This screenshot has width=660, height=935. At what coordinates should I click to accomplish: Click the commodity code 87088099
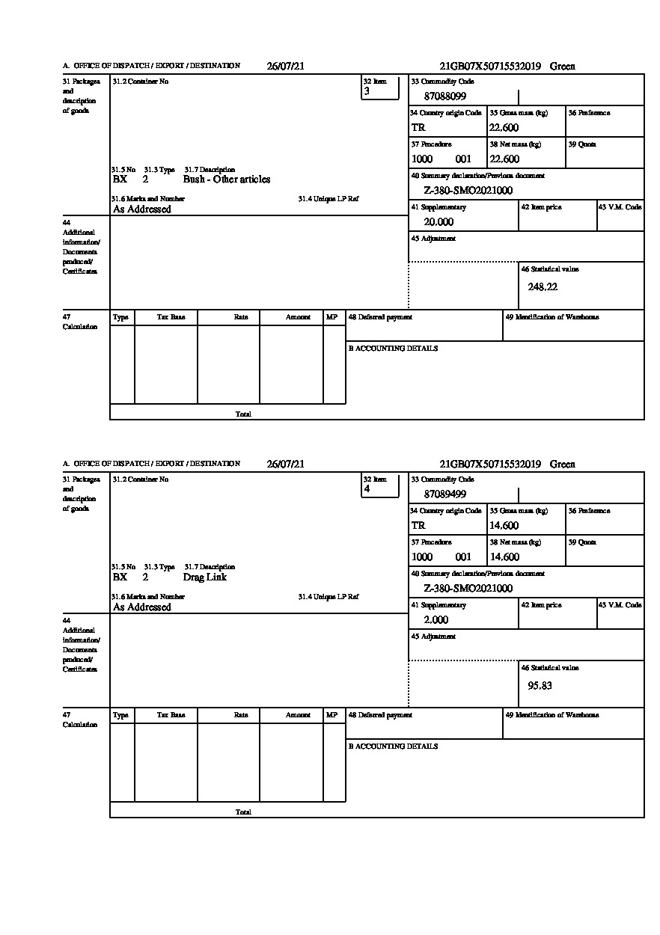click(x=445, y=96)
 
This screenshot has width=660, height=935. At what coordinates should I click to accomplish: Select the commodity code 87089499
click(x=445, y=494)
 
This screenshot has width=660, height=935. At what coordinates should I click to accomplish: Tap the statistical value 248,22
click(x=543, y=286)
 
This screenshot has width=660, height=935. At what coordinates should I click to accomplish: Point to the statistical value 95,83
click(x=540, y=685)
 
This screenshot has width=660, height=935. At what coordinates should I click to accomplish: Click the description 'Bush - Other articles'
click(x=227, y=180)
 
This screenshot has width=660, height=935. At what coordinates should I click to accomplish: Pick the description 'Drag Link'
click(x=204, y=577)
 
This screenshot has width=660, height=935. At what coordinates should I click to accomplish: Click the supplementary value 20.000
click(x=439, y=222)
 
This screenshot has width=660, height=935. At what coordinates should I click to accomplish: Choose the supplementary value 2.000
click(x=436, y=620)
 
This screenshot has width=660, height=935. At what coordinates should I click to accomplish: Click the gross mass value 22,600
click(x=504, y=128)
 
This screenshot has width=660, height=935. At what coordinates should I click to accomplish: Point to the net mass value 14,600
click(x=504, y=557)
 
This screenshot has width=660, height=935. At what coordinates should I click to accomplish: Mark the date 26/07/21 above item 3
click(x=286, y=67)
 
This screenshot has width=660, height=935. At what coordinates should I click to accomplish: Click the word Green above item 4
click(x=563, y=465)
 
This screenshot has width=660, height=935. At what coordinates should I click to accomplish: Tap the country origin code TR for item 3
click(x=418, y=128)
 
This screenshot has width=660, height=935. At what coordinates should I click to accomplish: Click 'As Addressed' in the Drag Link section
click(x=142, y=607)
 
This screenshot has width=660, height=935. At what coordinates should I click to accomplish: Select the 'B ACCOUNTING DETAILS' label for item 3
click(x=393, y=349)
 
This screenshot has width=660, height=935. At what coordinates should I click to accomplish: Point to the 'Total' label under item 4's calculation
click(x=243, y=812)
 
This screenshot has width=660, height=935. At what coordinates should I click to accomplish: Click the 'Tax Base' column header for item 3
click(x=171, y=317)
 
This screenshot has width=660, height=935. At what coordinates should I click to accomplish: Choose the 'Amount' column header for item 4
click(x=298, y=715)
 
